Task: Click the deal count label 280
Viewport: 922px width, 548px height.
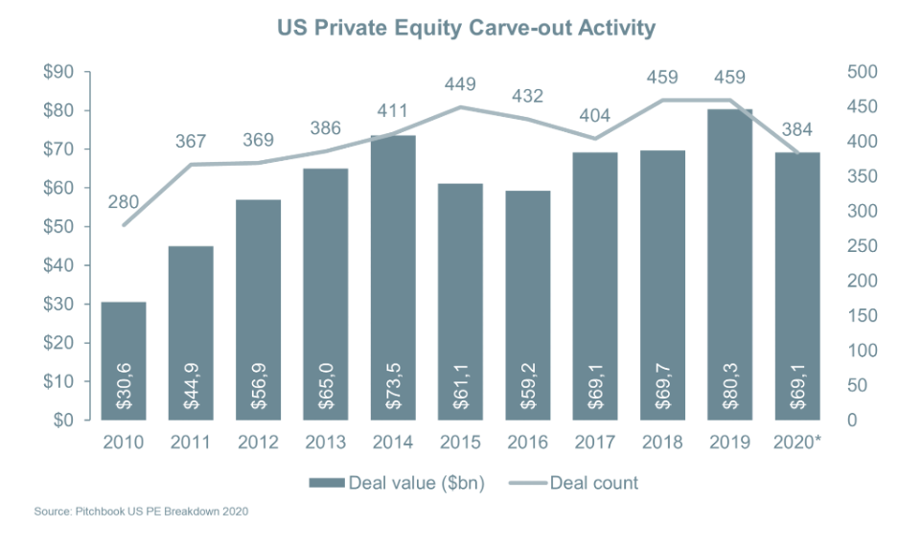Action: click(x=124, y=202)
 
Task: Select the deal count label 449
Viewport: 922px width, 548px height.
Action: click(x=461, y=84)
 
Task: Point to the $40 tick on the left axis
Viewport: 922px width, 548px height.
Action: click(x=59, y=265)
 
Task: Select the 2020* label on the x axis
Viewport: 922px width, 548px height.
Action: click(x=798, y=445)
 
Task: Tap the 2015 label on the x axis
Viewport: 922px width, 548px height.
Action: click(x=461, y=445)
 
